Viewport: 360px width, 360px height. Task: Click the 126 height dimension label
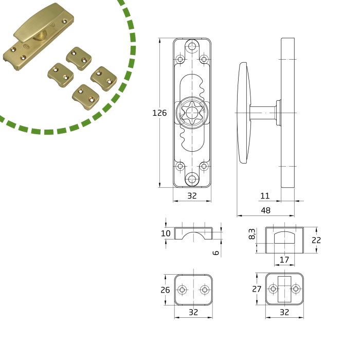[x=160, y=113]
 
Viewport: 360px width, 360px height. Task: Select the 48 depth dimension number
[x=265, y=210]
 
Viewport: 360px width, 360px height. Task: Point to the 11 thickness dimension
[x=265, y=196]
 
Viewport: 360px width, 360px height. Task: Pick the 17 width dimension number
[x=284, y=259]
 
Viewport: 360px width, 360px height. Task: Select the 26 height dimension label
[x=165, y=290]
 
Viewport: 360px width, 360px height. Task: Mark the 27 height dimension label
[x=257, y=290]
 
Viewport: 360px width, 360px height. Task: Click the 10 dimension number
[x=165, y=233]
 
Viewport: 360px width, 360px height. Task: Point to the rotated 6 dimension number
[x=216, y=252]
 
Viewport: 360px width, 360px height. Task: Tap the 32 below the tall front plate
[x=192, y=196]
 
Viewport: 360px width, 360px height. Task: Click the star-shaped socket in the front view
[x=192, y=113]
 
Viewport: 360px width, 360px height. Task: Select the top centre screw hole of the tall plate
[x=192, y=47]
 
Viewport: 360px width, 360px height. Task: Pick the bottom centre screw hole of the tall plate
[x=192, y=179]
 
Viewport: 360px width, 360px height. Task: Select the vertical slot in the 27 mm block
[x=284, y=290]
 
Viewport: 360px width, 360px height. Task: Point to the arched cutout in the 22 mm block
[x=284, y=237]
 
